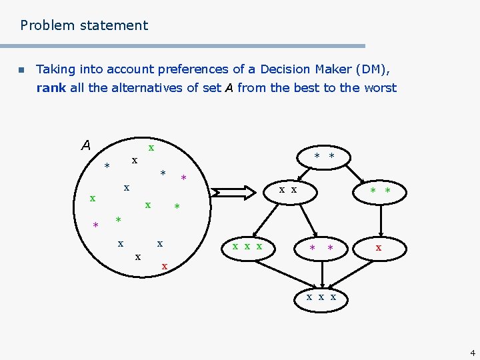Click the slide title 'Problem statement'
[84, 26]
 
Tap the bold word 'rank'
[51, 88]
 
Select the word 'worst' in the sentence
[380, 88]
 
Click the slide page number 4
[472, 353]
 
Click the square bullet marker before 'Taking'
[21, 70]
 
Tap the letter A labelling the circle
[85, 145]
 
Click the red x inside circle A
[165, 267]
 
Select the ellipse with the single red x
[379, 247]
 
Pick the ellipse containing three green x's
[247, 247]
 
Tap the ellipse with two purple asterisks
[320, 248]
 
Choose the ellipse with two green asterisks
[379, 191]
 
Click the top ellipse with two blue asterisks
[324, 157]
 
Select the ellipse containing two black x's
[288, 191]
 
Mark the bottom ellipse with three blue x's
[321, 297]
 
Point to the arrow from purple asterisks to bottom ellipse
[321, 273]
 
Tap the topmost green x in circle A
[151, 147]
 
